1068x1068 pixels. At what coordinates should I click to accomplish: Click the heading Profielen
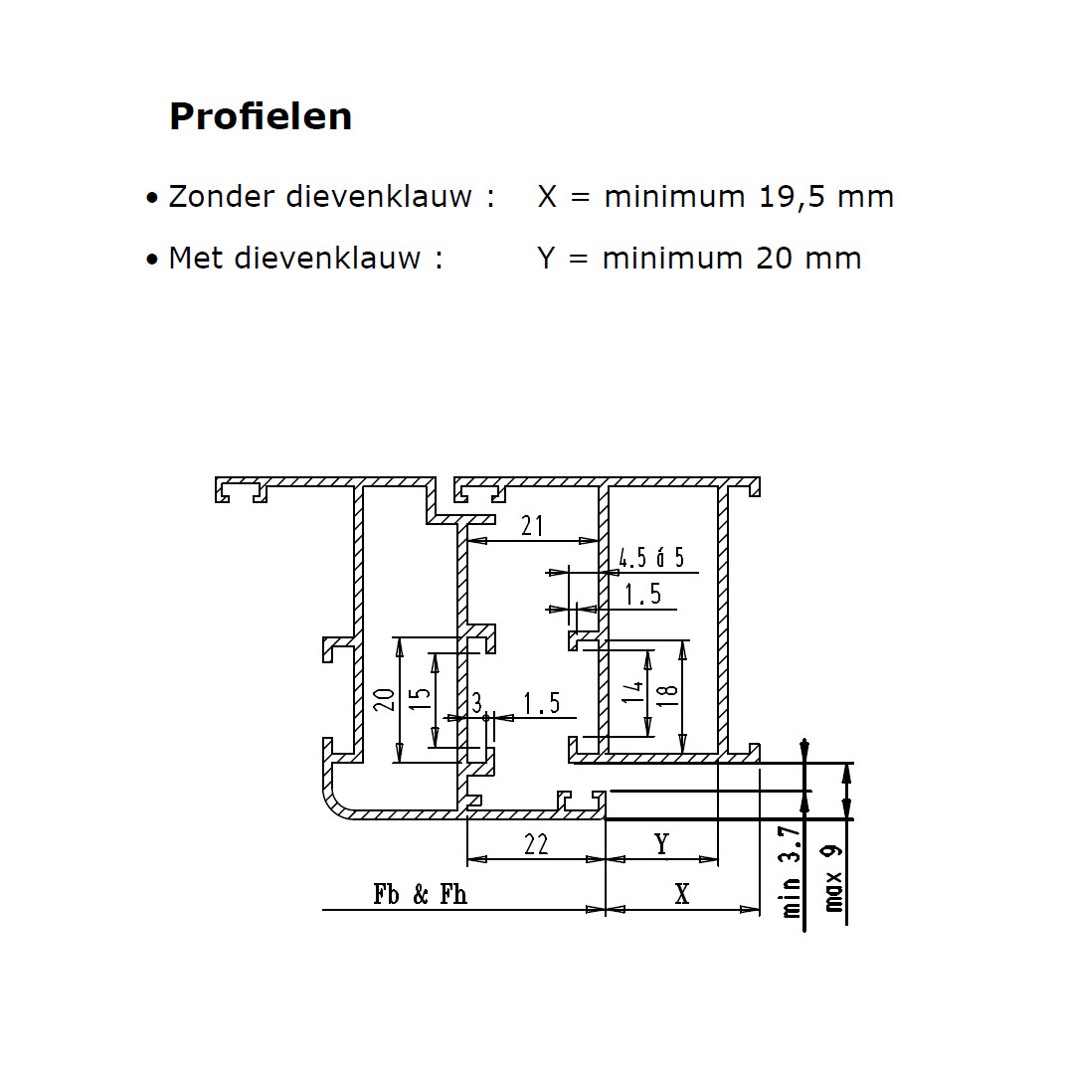pyautogui.click(x=261, y=116)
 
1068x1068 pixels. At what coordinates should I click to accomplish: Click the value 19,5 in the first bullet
pyautogui.click(x=793, y=197)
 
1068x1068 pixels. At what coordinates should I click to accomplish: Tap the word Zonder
pyautogui.click(x=222, y=196)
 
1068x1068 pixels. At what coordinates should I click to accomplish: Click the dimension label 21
pyautogui.click(x=532, y=526)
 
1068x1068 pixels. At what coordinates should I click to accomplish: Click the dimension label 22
pyautogui.click(x=536, y=844)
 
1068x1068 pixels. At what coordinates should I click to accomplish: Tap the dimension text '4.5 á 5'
pyautogui.click(x=651, y=558)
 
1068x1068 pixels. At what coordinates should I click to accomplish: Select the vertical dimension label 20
pyautogui.click(x=385, y=699)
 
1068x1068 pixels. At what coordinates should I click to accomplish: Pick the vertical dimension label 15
pyautogui.click(x=421, y=699)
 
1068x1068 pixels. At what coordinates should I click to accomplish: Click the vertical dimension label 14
pyautogui.click(x=632, y=692)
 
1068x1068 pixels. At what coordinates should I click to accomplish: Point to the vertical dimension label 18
pyautogui.click(x=667, y=695)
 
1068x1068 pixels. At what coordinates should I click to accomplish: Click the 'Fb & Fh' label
pyautogui.click(x=421, y=894)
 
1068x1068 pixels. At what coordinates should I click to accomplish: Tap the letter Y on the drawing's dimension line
pyautogui.click(x=662, y=844)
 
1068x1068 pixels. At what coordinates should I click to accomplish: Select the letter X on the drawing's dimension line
pyautogui.click(x=682, y=894)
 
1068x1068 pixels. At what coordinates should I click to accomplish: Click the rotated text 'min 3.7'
pyautogui.click(x=791, y=872)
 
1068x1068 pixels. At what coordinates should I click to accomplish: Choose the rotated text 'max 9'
pyautogui.click(x=832, y=879)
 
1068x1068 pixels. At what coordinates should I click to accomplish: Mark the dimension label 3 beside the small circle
pyautogui.click(x=476, y=702)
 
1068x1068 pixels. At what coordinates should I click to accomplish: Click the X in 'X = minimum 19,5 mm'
pyautogui.click(x=547, y=197)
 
